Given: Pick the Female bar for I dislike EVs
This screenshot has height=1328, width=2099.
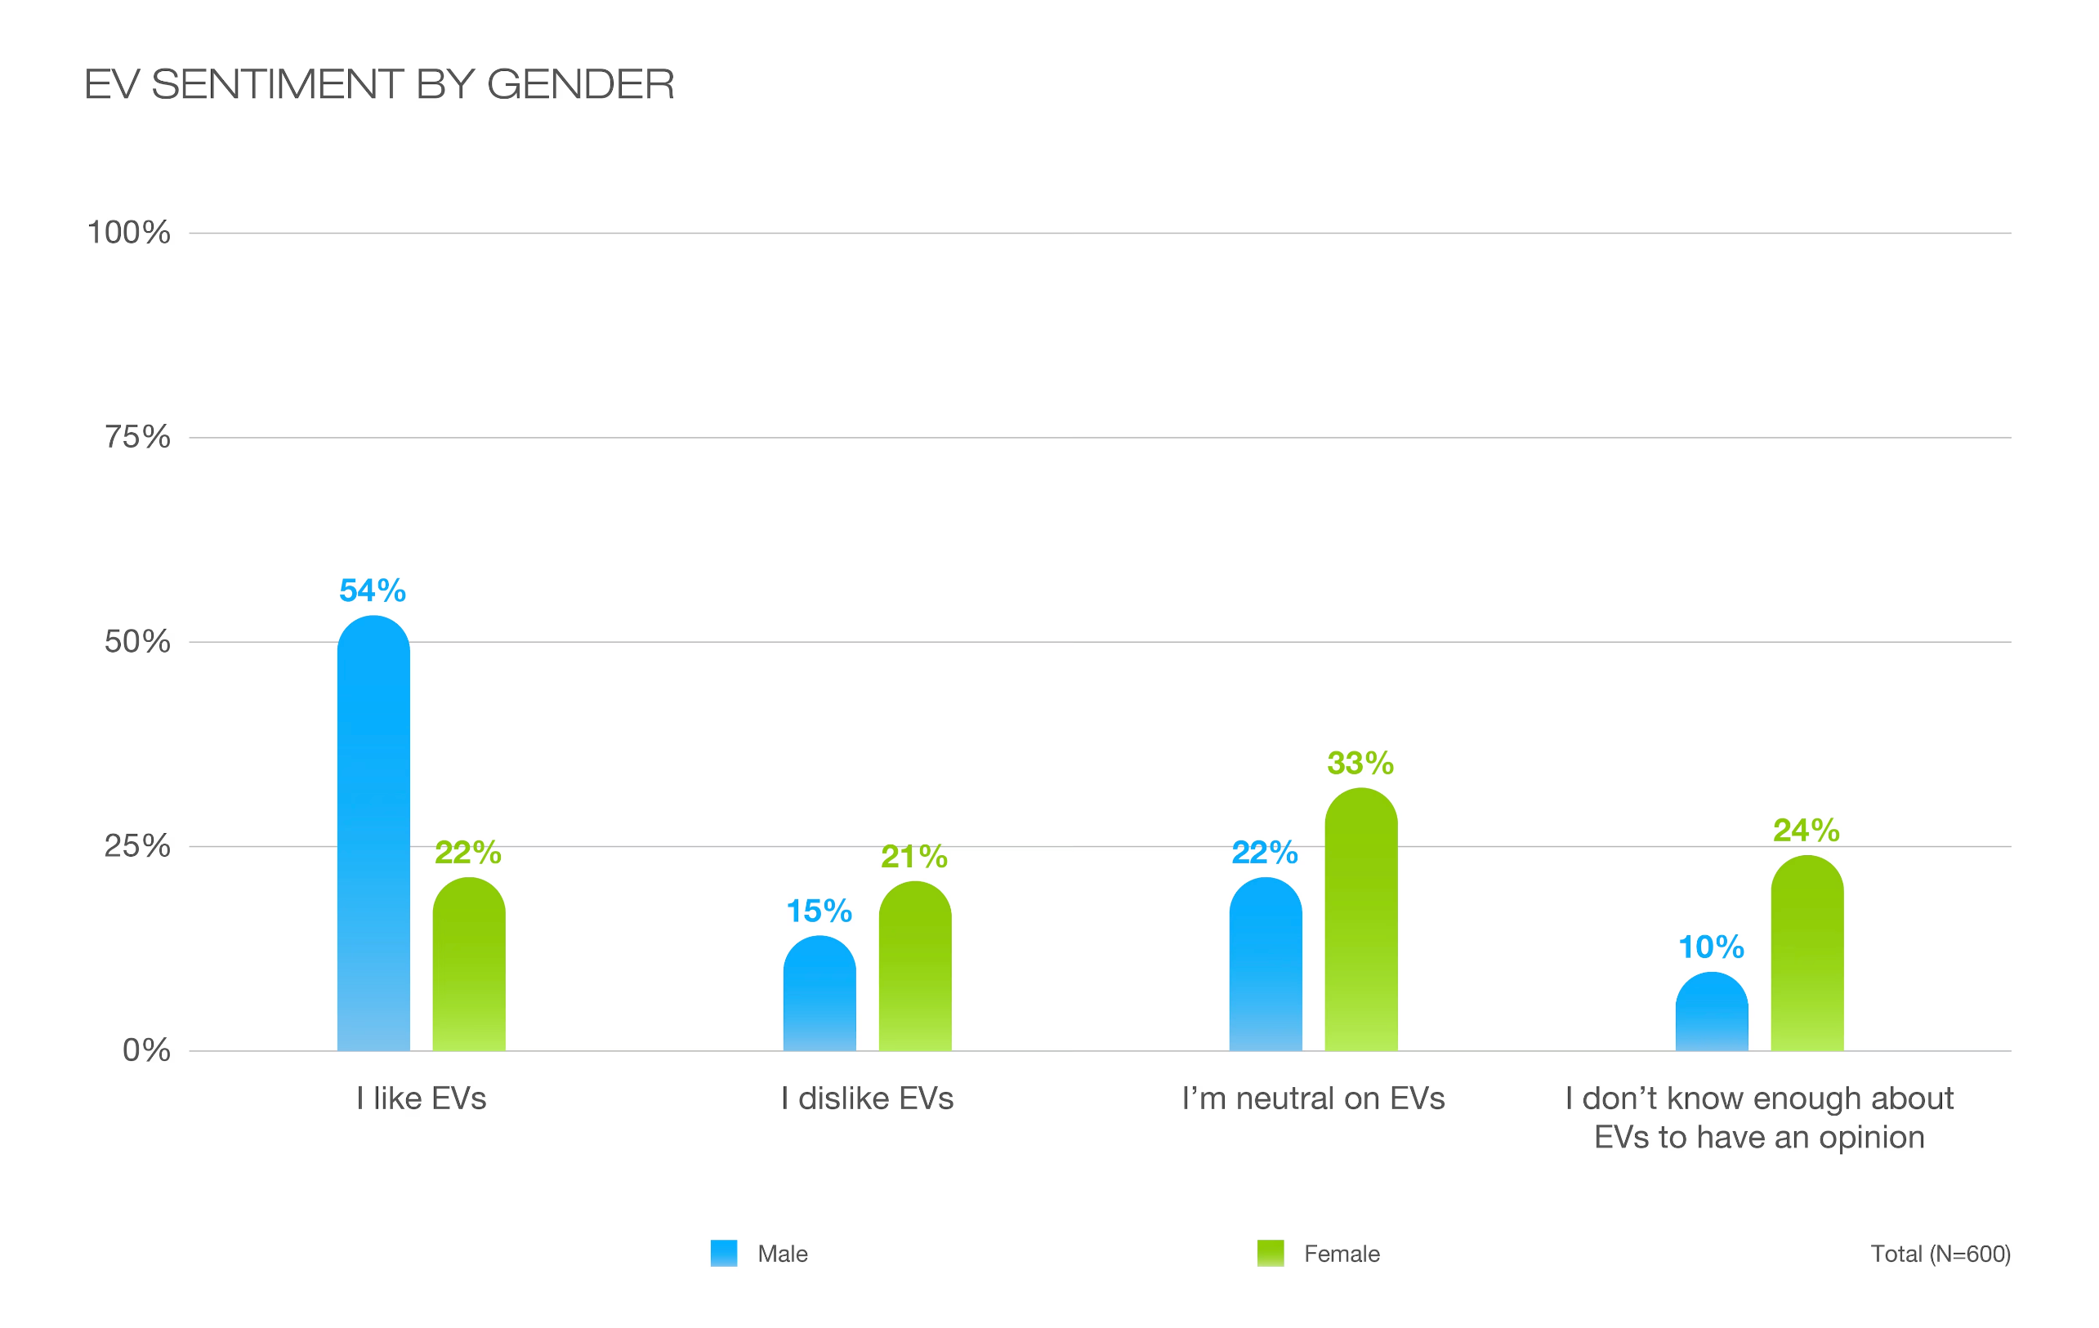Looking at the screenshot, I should point(914,966).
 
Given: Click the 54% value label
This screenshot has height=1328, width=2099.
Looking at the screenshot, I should point(373,590).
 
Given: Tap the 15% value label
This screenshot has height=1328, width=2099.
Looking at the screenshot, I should point(819,911).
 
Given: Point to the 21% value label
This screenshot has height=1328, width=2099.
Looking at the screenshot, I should point(913,857).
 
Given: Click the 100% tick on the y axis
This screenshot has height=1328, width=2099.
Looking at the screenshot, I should point(129,233).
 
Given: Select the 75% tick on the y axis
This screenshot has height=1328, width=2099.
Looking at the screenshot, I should point(138,437).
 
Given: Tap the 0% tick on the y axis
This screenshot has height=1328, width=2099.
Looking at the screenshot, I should point(146,1050).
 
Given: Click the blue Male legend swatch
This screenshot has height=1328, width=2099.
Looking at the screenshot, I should point(723,1253).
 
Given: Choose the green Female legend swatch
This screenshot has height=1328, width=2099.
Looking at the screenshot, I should point(1270,1253).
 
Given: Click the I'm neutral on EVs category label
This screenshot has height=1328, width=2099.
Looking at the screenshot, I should point(1313,1098).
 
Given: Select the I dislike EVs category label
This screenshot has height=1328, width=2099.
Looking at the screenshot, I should point(868,1098).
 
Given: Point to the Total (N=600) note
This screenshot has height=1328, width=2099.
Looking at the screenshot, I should point(1940,1254).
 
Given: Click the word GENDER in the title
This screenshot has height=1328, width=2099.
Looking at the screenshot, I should point(581,84).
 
